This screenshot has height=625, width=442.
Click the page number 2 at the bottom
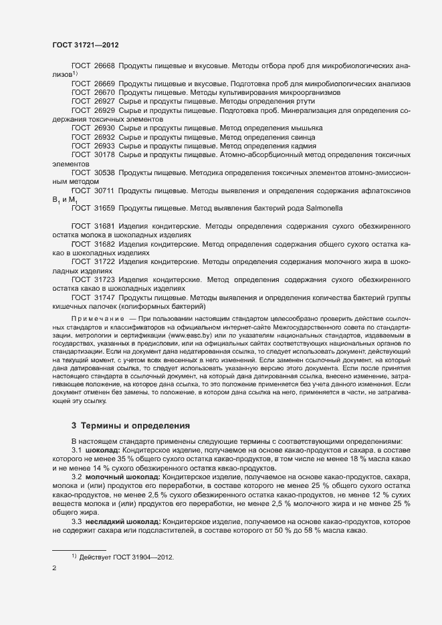[x=54, y=568]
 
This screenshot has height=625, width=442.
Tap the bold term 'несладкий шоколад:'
[x=124, y=521]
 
